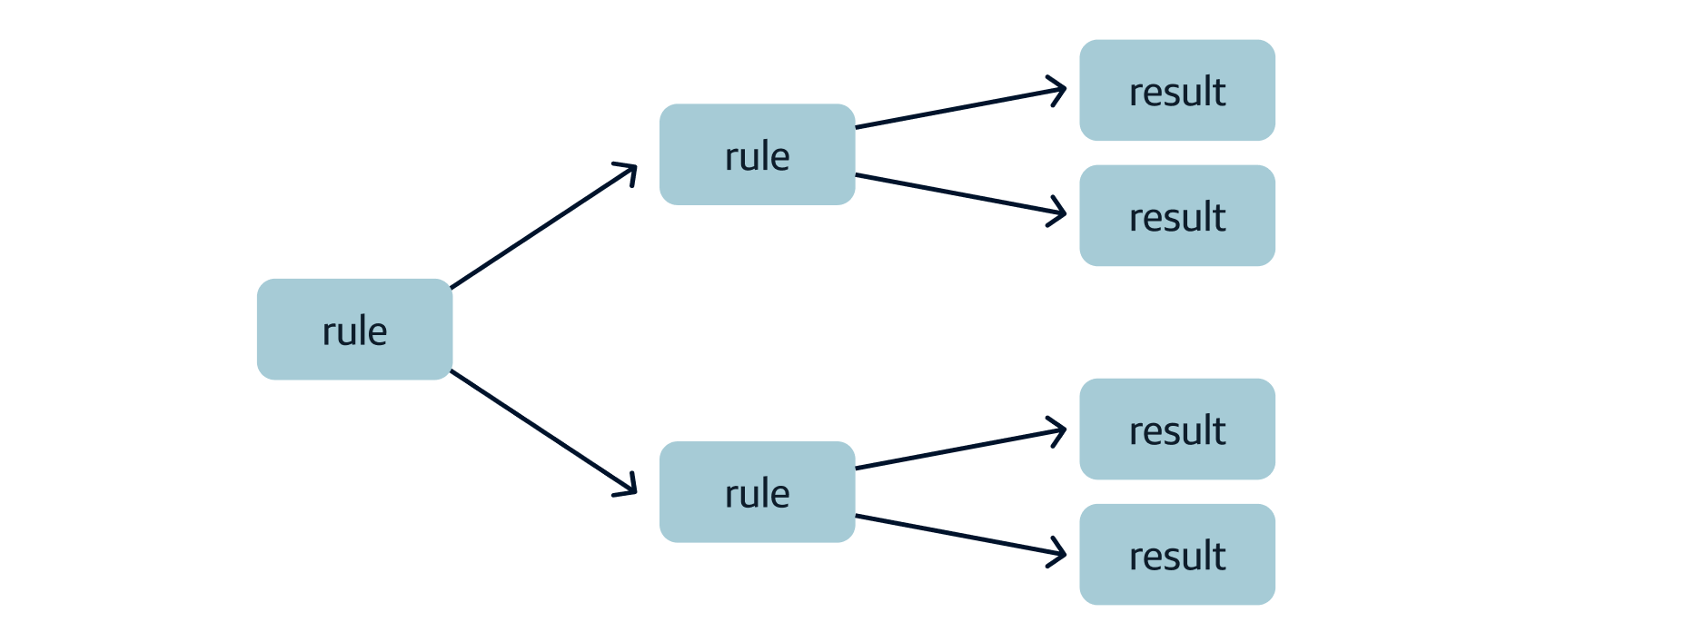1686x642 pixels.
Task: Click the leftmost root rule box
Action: coord(354,329)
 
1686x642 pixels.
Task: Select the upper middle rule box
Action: coord(757,154)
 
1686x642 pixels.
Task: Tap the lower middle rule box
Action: coord(757,491)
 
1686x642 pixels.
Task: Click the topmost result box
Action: coord(1176,90)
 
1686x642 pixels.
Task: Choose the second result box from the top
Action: coord(1176,215)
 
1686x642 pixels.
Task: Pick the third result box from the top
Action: coord(1176,429)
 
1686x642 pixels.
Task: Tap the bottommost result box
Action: coord(1176,554)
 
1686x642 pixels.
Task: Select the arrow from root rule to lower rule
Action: coord(543,432)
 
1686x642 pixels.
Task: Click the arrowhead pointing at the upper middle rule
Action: coord(629,171)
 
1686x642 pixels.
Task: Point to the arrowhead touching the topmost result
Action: coord(1059,90)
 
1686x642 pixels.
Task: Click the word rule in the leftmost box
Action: coord(354,331)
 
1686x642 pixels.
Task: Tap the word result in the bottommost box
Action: coord(1176,556)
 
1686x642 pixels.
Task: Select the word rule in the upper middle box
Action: coord(757,157)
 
